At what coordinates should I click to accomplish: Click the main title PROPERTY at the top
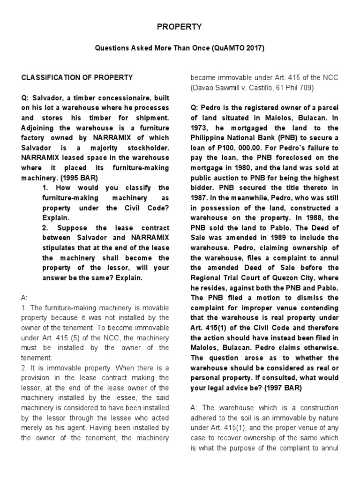coord(179,27)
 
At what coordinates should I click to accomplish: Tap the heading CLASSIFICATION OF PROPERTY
coord(77,77)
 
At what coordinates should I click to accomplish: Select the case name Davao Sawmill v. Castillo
coord(229,88)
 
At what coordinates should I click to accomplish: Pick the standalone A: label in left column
coord(25,297)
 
